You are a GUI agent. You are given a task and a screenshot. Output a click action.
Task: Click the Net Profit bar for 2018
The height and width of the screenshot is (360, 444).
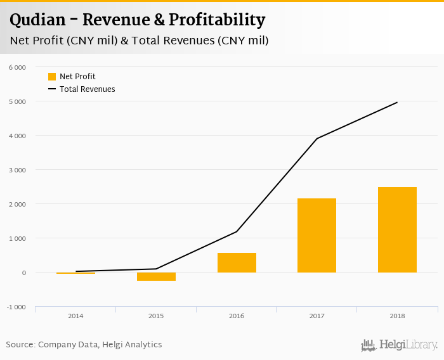(x=397, y=229)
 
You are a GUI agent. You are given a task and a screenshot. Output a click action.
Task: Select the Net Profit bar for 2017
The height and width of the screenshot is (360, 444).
(x=317, y=235)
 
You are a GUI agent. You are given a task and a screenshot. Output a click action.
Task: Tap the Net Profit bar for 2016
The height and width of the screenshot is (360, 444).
(x=237, y=262)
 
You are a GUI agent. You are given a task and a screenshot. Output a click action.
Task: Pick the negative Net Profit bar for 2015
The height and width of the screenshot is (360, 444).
(x=156, y=276)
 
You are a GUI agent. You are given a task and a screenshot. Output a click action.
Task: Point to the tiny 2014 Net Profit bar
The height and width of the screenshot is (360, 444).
(x=75, y=273)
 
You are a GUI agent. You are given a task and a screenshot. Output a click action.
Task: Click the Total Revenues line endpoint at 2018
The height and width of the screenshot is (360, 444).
(x=397, y=102)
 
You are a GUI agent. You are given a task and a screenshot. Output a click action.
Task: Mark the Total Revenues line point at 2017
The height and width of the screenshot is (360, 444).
(x=317, y=138)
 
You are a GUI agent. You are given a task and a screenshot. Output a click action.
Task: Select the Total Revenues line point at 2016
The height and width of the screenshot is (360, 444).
(x=237, y=231)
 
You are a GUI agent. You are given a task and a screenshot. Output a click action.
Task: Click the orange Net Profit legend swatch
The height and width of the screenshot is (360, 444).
(x=52, y=77)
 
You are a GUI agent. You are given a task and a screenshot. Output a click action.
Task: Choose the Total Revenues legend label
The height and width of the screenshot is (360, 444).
(x=88, y=89)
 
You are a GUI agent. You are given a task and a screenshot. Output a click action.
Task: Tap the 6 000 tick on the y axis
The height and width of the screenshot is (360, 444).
(x=17, y=67)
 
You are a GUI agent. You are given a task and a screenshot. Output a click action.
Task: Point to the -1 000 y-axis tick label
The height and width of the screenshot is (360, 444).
(x=16, y=307)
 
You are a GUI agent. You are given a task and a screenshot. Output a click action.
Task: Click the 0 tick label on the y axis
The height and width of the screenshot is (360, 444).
(x=23, y=273)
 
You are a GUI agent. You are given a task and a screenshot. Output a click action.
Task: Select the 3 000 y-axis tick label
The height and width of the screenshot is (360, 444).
(x=17, y=170)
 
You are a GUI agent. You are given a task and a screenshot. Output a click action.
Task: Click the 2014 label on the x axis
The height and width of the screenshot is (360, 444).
(x=75, y=316)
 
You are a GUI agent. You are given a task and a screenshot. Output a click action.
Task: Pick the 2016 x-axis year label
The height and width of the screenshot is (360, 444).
(x=237, y=316)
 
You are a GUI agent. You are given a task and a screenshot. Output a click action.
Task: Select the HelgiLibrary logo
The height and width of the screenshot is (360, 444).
(x=399, y=345)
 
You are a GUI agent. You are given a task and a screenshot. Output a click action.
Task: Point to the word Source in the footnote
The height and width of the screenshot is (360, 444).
(x=20, y=345)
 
